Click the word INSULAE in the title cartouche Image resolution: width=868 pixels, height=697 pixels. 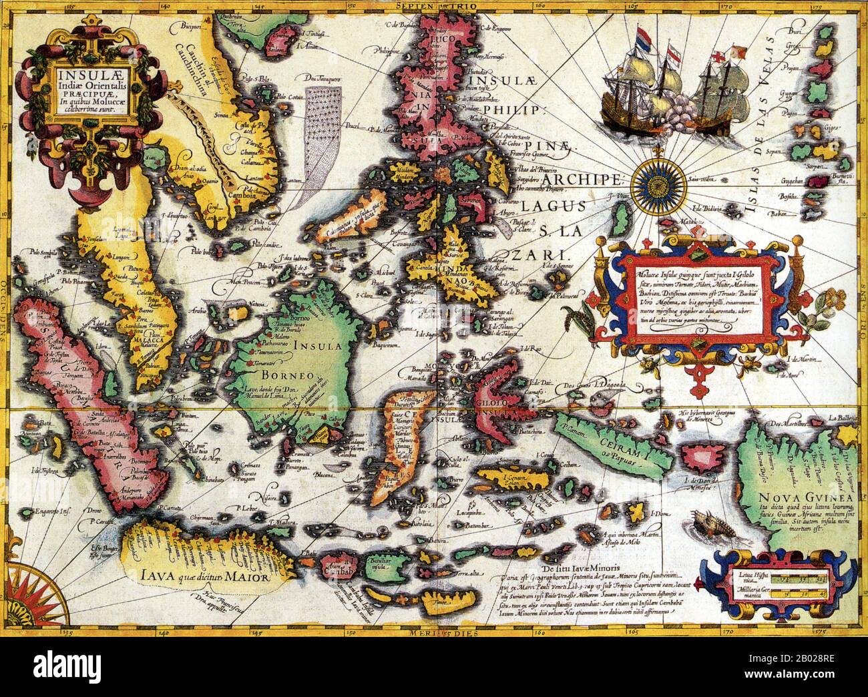click(x=80, y=66)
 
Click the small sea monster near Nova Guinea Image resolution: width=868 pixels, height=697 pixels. click(x=709, y=523)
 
